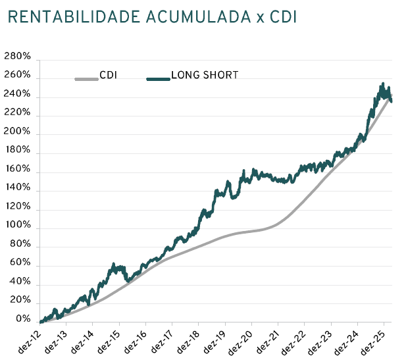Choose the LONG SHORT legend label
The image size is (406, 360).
(205, 75)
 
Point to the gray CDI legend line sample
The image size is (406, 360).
(86, 79)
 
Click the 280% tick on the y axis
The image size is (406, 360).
(17, 57)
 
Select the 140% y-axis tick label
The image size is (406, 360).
(17, 188)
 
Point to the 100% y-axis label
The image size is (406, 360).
(17, 225)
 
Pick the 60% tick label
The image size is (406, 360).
(20, 263)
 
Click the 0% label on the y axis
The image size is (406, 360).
(22, 319)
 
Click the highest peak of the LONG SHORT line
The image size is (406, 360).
(384, 84)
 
